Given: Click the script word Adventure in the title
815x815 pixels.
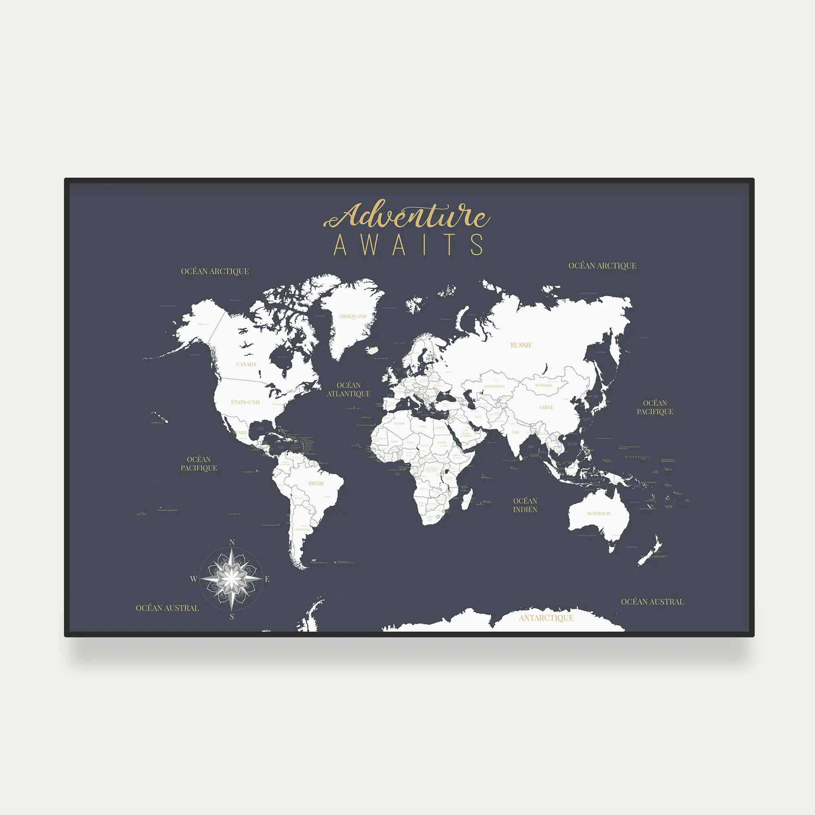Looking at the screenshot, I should (407, 216).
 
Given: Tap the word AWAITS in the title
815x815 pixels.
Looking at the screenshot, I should (408, 245).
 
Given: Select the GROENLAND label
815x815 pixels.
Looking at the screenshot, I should (352, 316).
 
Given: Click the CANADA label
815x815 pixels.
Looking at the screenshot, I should (247, 364).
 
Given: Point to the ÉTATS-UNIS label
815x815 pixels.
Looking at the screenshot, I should (245, 402).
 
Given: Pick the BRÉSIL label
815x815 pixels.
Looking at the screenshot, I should (316, 483).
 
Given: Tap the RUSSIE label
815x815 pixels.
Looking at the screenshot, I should (521, 345).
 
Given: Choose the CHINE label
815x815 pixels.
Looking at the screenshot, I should (546, 407).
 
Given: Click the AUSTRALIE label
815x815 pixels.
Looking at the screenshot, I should (599, 513).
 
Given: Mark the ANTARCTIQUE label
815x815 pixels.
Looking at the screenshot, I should (546, 618).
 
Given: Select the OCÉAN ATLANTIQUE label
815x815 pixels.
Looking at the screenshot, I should (348, 389).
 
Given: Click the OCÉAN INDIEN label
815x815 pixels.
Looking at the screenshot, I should (525, 505).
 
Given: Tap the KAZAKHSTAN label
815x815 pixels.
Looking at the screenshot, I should (494, 386).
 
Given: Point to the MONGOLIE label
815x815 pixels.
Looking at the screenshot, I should (543, 385).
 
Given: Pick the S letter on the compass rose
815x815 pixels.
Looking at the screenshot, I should (231, 617).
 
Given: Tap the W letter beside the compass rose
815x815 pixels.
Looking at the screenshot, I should (194, 579).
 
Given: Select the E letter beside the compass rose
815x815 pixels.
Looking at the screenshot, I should (267, 579).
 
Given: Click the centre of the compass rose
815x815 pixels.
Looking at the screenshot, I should (231, 579).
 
